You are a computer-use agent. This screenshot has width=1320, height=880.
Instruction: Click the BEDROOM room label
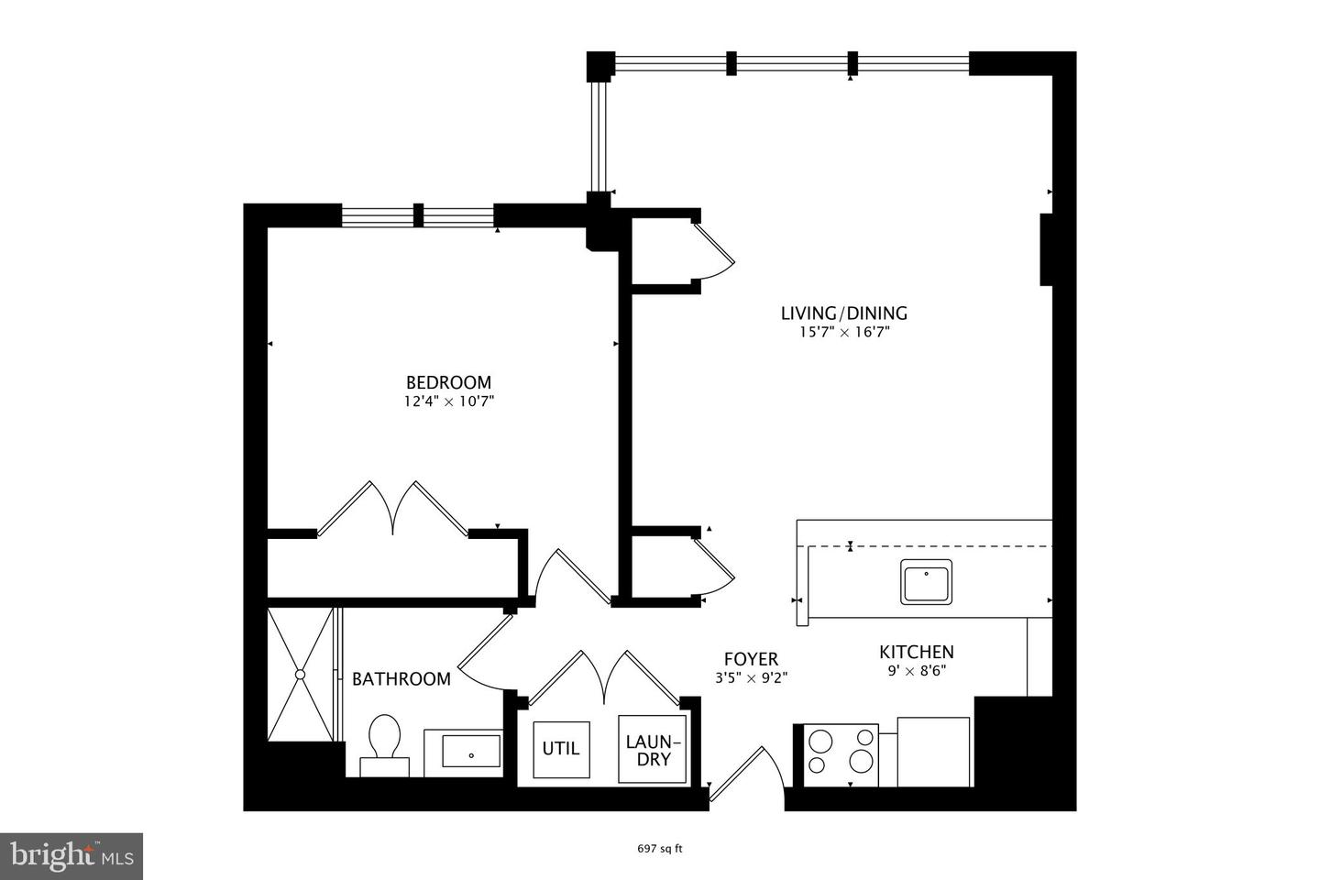click(448, 382)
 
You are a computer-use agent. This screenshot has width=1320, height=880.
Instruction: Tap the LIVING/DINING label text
click(843, 313)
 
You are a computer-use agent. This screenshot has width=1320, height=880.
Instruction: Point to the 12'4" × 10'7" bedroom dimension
click(448, 401)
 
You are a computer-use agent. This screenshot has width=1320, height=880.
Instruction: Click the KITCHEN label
click(917, 652)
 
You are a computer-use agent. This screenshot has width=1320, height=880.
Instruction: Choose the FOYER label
click(751, 659)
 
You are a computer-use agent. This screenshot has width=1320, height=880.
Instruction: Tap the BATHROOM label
click(401, 679)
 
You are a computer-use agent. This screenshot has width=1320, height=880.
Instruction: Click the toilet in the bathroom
click(385, 741)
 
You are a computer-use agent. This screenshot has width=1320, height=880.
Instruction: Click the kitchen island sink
click(926, 581)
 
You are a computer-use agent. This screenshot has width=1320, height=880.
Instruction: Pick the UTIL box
click(560, 748)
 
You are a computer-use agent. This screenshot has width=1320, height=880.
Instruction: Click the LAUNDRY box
click(652, 749)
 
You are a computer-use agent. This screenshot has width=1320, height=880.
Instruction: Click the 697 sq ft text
click(660, 849)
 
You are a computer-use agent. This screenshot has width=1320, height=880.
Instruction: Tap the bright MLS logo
click(71, 856)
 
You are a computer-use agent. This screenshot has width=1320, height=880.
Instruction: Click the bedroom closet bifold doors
click(393, 509)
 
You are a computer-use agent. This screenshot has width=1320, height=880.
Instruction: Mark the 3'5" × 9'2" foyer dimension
click(751, 678)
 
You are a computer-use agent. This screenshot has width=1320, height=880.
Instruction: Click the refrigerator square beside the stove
click(932, 752)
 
